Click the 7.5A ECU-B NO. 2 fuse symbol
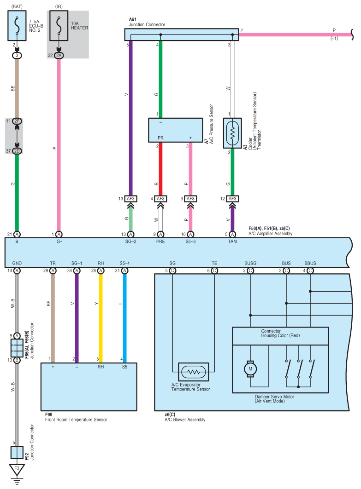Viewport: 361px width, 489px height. tap(17, 26)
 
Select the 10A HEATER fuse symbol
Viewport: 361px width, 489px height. tap(59, 26)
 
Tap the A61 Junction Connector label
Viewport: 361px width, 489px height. tap(147, 22)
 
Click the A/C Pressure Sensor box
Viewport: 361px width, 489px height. tap(175, 130)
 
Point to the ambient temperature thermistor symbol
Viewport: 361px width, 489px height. tap(232, 133)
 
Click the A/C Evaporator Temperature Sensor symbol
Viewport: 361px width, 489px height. tap(194, 372)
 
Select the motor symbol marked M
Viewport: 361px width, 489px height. tap(250, 369)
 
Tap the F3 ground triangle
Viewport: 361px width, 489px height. tap(17, 469)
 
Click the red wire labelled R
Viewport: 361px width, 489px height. tap(160, 169)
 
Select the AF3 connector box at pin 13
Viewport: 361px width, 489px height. tap(130, 199)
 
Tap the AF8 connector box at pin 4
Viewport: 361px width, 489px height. tap(160, 199)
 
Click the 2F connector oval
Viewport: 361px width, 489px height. tap(17, 121)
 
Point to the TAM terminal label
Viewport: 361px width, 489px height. tap(232, 242)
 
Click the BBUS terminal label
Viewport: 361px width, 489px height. tap(310, 263)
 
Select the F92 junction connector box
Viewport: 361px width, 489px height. tap(17, 453)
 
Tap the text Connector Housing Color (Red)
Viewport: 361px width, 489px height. tap(280, 333)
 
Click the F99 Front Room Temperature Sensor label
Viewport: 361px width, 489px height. tap(76, 417)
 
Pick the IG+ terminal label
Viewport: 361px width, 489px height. tap(59, 242)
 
